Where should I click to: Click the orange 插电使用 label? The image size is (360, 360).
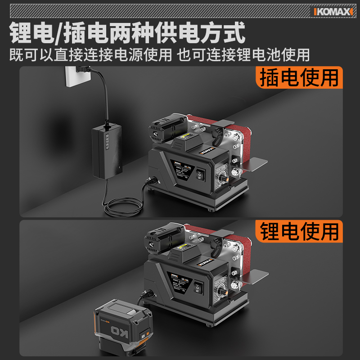(299, 77)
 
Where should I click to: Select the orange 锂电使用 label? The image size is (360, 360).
(299, 231)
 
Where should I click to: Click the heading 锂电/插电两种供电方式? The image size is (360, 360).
(127, 33)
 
